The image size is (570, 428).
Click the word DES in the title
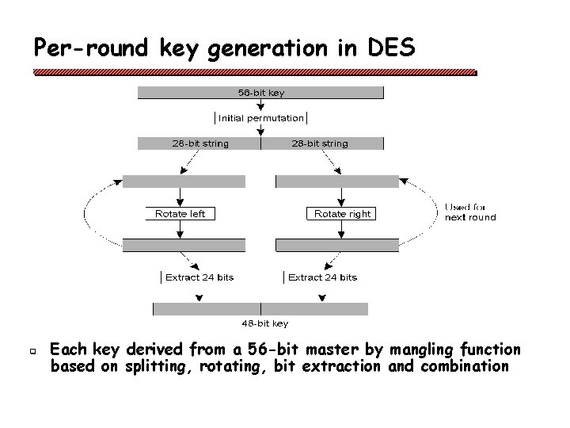tap(391, 49)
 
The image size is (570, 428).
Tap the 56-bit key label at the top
tap(261, 93)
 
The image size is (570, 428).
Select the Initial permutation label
tap(261, 118)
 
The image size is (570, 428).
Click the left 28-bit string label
tap(199, 143)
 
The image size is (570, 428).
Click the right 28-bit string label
tap(319, 143)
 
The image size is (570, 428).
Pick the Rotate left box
tap(180, 213)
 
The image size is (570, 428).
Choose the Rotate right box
tap(341, 213)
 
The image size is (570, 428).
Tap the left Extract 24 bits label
tap(199, 277)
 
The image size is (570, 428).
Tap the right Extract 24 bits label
tap(321, 277)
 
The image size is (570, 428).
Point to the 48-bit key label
tap(264, 323)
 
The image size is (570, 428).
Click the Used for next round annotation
tap(469, 212)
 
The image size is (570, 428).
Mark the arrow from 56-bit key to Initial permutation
tap(261, 105)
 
